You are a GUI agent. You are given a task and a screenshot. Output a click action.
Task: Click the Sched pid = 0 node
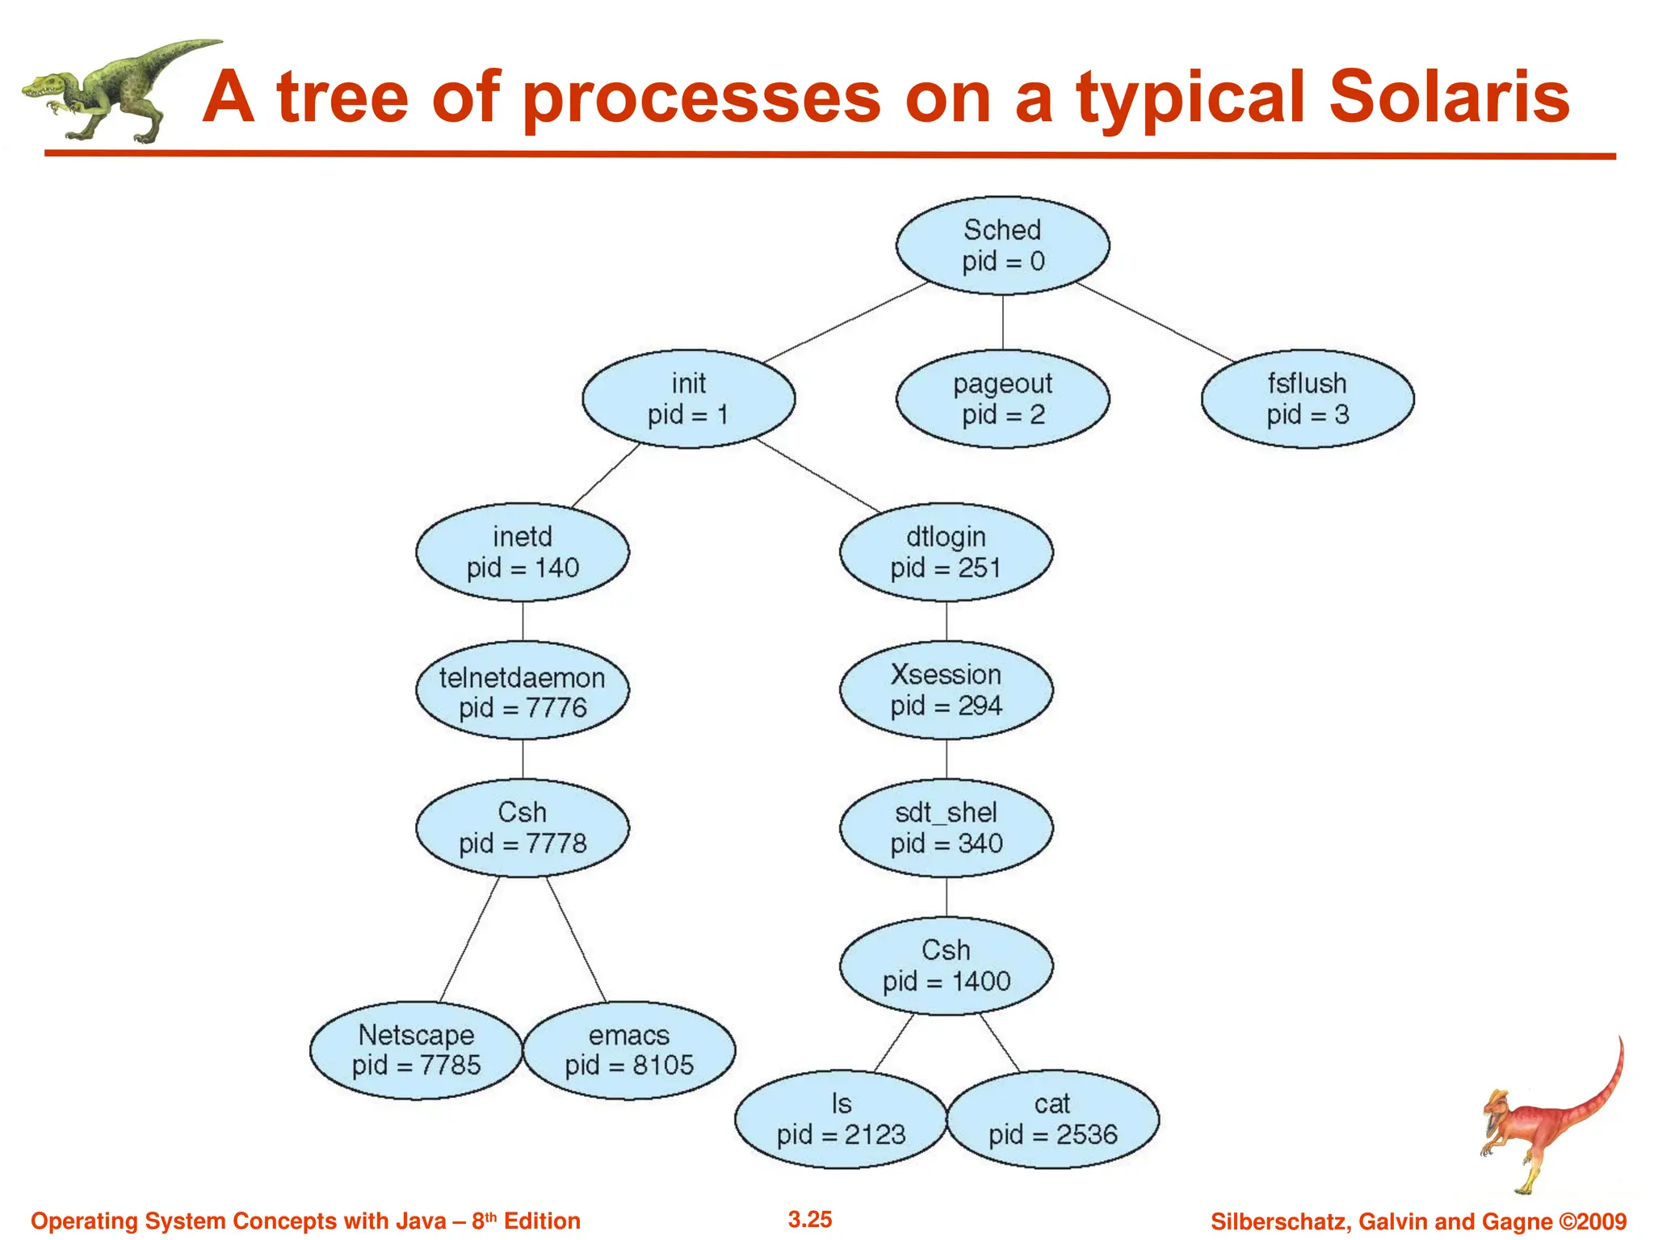coord(1002,245)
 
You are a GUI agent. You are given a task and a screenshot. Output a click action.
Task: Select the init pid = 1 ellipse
coord(688,399)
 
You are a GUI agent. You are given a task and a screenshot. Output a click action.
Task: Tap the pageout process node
coord(1002,399)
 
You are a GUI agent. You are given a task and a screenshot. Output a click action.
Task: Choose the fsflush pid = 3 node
coord(1307,399)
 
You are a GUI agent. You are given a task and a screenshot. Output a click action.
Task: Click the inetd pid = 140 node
coord(523,552)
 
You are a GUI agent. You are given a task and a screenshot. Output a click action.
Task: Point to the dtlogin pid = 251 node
coord(946,552)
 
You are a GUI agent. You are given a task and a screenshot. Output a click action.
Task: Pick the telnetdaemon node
coord(523,691)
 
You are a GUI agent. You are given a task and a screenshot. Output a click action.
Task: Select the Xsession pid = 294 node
coord(946,690)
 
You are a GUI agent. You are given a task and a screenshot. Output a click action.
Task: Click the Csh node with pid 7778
coord(523,828)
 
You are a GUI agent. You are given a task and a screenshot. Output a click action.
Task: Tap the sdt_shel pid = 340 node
coord(946,828)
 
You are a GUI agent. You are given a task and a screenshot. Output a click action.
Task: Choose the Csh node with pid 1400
coord(946,966)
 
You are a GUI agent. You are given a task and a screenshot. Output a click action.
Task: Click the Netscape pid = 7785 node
coord(416,1049)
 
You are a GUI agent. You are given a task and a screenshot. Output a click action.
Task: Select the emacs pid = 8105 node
coord(629,1049)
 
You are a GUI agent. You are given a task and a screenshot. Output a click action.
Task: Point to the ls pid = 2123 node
coord(841,1119)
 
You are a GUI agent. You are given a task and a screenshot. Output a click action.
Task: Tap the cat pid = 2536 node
coord(1052,1119)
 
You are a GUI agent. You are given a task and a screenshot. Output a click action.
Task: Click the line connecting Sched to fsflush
coord(1155,321)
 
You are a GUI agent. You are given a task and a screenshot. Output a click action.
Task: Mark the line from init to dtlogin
coord(817,475)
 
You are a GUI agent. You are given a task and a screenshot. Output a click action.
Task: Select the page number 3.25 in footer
coord(809,1219)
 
